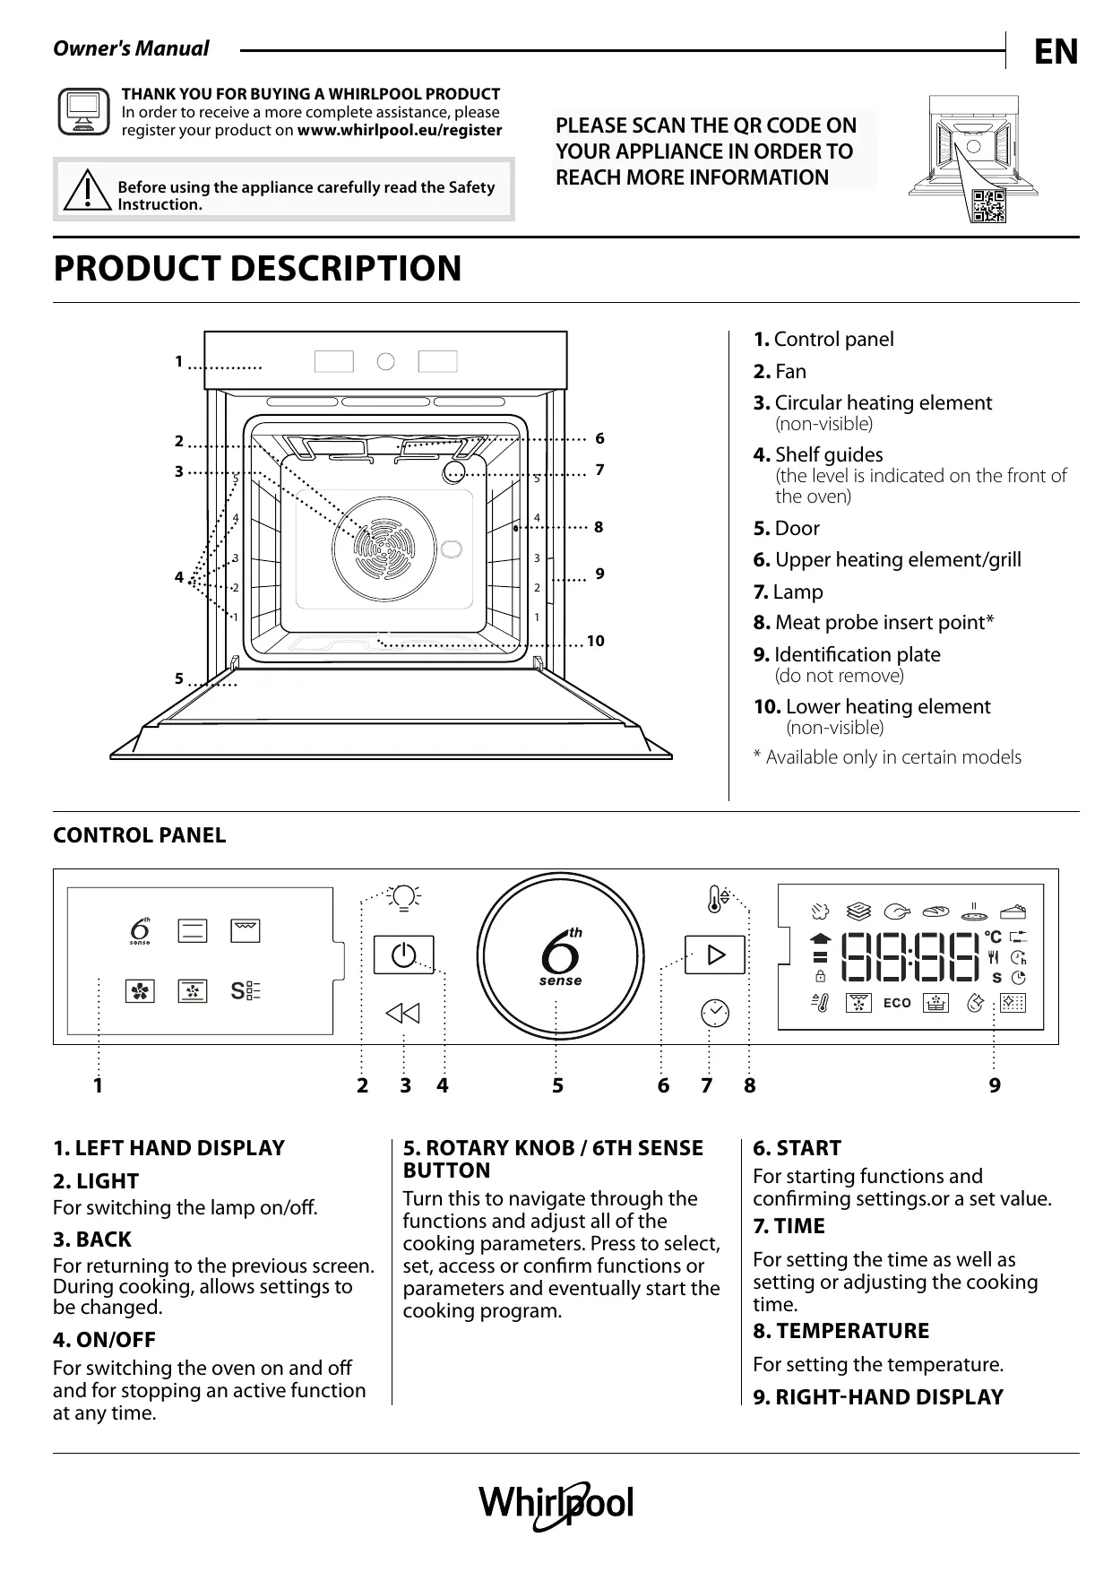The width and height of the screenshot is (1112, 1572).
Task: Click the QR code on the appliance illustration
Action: [x=989, y=205]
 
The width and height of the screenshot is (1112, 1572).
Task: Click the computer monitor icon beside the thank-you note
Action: [x=83, y=112]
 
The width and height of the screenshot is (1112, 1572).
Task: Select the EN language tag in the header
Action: [x=1056, y=52]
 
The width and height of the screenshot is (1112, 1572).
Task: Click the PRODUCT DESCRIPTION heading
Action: [x=257, y=268]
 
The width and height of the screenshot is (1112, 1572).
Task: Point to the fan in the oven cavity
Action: [x=384, y=542]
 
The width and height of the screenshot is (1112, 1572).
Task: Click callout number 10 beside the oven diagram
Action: [x=596, y=641]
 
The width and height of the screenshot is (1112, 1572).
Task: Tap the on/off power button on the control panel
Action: [x=403, y=954]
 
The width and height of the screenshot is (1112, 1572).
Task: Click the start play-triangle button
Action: [x=715, y=954]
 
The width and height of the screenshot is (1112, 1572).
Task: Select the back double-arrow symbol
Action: [x=403, y=1014]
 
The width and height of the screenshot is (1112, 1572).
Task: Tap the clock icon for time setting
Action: [x=714, y=1013]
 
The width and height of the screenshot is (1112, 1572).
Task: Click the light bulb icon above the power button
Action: [x=404, y=896]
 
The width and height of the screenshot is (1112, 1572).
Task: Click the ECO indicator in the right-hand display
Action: [x=897, y=1003]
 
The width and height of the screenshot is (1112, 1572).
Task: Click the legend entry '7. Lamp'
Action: [x=788, y=592]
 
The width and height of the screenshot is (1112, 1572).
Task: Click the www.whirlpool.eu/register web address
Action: [x=400, y=130]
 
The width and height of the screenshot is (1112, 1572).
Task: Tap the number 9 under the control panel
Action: [x=995, y=1085]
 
